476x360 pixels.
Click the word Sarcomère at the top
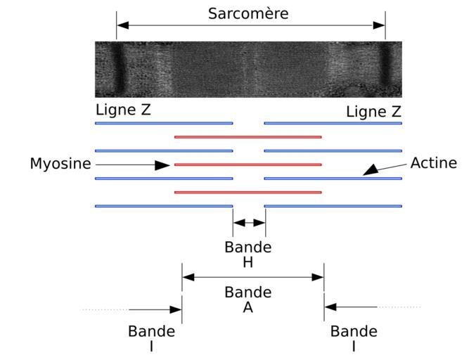coord(248,13)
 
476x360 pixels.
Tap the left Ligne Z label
coord(123,110)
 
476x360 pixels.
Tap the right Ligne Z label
coord(373,112)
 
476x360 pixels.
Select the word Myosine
coord(60,164)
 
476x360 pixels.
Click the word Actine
coord(434,163)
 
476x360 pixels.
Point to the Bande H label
coord(248,255)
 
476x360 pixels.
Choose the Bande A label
coord(248,300)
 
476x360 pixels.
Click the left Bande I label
coord(151,338)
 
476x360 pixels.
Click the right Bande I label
coord(354,338)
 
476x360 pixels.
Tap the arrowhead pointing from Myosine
coord(162,165)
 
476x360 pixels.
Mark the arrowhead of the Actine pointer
coord(371,170)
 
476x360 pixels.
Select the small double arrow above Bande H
coord(249,223)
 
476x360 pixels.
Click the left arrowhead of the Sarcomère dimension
coord(122,25)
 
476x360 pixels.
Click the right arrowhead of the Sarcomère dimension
coord(379,25)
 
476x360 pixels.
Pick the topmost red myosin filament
coord(248,137)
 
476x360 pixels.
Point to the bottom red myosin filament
coord(248,193)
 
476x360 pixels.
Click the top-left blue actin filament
coord(164,123)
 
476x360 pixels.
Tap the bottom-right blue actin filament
coord(333,206)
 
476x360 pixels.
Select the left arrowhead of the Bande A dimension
coord(188,277)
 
